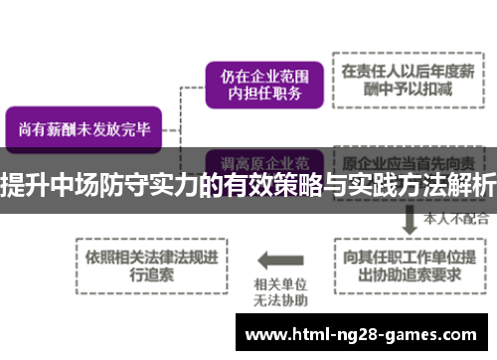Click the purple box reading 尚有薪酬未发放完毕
[x=83, y=128]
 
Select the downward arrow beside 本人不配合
[x=409, y=216]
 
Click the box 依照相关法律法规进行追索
[x=150, y=262]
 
